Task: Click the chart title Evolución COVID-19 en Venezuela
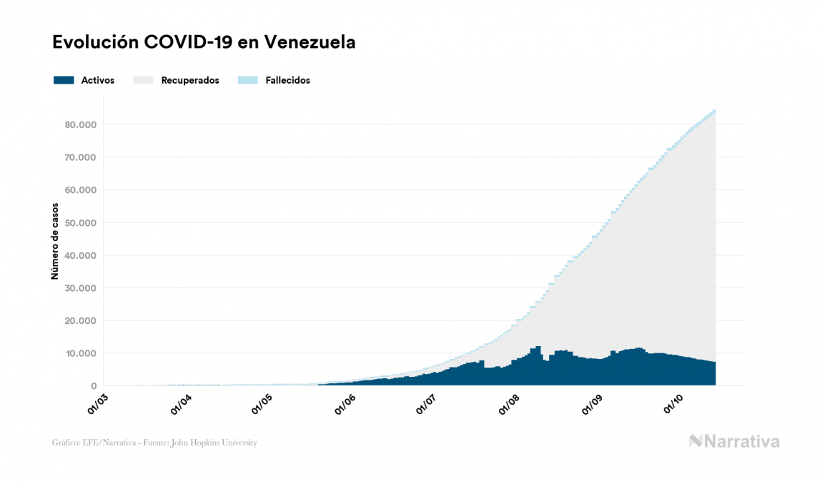click(x=204, y=42)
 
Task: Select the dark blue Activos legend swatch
click(x=64, y=80)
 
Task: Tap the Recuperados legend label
click(x=190, y=80)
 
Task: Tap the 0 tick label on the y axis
click(x=92, y=386)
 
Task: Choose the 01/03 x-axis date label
click(x=99, y=403)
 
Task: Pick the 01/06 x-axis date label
click(x=345, y=403)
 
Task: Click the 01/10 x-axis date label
click(x=674, y=403)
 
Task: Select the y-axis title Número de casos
click(x=54, y=240)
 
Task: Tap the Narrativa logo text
click(x=742, y=441)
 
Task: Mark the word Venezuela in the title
click(x=309, y=42)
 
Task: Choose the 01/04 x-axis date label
click(x=180, y=403)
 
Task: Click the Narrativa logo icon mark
click(x=695, y=441)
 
